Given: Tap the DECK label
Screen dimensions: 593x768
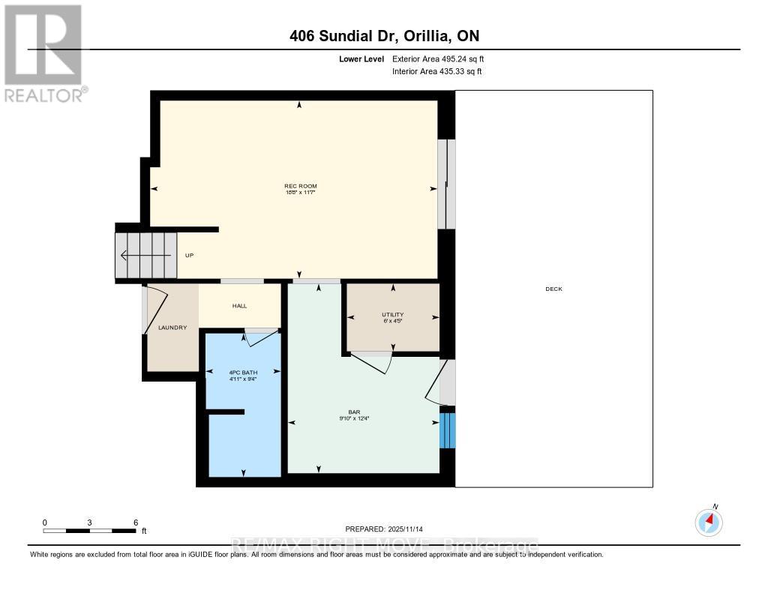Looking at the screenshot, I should [x=553, y=289].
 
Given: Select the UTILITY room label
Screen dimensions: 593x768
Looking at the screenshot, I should [x=392, y=314].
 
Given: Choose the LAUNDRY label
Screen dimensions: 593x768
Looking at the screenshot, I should [x=172, y=328].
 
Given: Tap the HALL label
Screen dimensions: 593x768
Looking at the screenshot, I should [x=239, y=306].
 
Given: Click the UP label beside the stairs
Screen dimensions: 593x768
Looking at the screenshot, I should [x=189, y=256].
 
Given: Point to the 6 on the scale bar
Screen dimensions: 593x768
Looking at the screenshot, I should [x=136, y=522].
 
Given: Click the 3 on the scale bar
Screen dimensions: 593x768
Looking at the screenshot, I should [x=90, y=522].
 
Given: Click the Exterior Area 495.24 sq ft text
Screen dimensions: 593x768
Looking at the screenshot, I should [x=438, y=58].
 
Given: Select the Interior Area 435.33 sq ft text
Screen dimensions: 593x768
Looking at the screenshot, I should [x=436, y=71].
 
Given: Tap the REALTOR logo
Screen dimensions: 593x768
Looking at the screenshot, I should [x=44, y=52].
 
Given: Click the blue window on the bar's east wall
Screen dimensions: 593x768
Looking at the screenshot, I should [x=447, y=430].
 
